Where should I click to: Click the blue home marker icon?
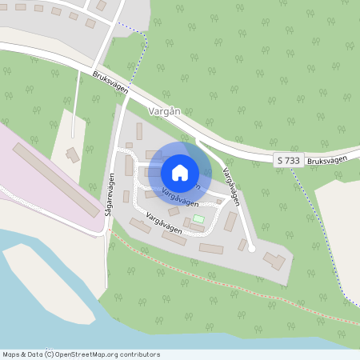180,172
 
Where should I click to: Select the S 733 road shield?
289,160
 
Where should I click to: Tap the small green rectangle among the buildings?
198,218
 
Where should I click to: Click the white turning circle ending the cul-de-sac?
252,249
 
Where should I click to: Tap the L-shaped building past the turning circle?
274,260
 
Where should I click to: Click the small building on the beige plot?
73,154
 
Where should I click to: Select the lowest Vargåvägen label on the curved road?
164,223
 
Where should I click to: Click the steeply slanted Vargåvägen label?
232,186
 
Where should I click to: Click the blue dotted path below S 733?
320,232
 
